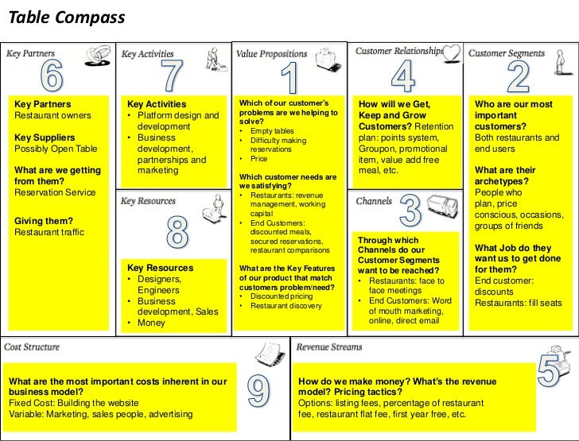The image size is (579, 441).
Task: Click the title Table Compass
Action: tap(66, 17)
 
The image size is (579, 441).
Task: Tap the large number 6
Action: tap(52, 75)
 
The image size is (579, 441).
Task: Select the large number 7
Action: tap(173, 75)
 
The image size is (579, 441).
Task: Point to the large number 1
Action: tap(289, 79)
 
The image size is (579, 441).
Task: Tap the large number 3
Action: tap(410, 211)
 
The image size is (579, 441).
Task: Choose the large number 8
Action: tap(177, 233)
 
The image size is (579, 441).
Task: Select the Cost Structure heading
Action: tap(32, 347)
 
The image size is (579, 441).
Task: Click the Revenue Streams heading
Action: tap(329, 347)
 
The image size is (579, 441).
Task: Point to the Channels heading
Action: tap(374, 202)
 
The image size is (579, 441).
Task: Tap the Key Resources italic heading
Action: tap(148, 202)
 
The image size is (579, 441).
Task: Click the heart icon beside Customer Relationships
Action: tap(452, 52)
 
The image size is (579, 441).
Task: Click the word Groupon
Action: tap(377, 148)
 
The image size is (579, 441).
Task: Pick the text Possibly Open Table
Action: tap(56, 149)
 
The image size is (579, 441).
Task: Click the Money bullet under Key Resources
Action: tap(151, 323)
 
